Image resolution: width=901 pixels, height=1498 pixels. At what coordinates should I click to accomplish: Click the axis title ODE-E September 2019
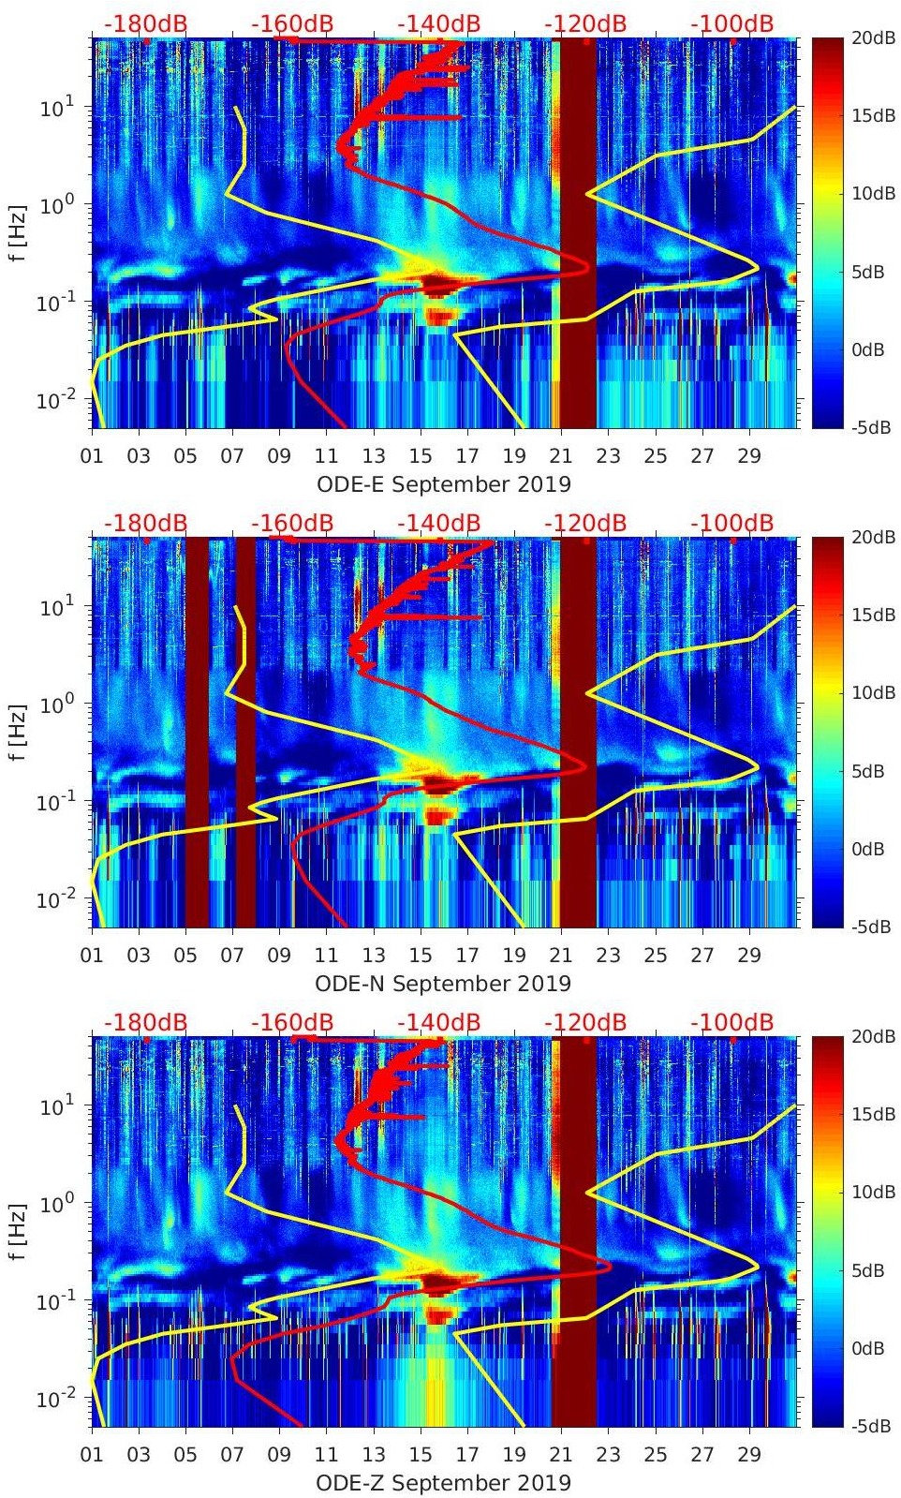(443, 484)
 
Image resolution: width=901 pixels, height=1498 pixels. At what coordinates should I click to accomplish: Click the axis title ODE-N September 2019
(443, 984)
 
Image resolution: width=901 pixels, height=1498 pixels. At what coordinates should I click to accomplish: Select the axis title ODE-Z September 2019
(443, 1483)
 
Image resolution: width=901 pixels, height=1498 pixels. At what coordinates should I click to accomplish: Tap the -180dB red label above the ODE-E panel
(145, 23)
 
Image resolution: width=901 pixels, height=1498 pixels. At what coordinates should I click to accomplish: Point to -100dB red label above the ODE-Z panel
(731, 1022)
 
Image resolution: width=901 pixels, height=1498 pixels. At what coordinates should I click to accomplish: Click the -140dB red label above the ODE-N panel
(438, 523)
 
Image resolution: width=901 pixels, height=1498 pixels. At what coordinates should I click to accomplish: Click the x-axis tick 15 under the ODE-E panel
(420, 456)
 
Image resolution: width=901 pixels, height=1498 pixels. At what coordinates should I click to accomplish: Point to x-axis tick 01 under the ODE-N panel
(92, 956)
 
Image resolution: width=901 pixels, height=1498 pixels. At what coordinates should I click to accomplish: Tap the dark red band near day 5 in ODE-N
(197, 731)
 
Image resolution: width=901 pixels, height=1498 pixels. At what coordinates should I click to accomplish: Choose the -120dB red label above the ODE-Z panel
(584, 1022)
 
